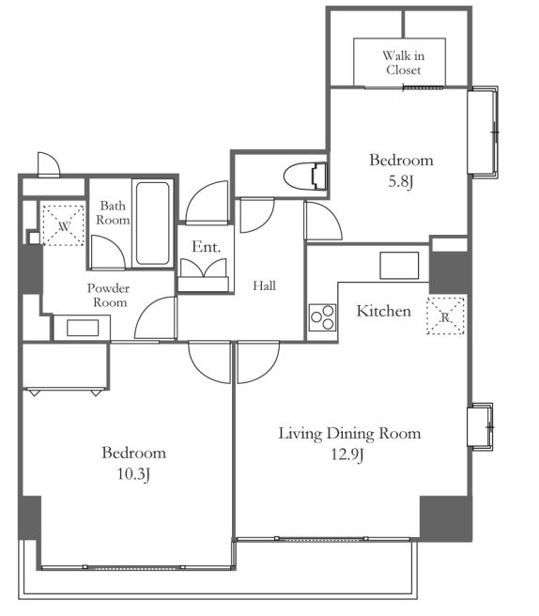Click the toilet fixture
[x=305, y=176]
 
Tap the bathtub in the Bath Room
[x=153, y=223]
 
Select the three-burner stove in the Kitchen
[x=322, y=317]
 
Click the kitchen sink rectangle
[x=399, y=266]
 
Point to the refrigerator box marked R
[x=445, y=316]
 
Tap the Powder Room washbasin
[x=83, y=328]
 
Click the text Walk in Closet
[x=404, y=63]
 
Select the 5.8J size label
[x=401, y=182]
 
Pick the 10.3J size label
[x=133, y=474]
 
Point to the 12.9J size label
[x=346, y=454]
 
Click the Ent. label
[x=206, y=247]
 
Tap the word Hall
[x=264, y=285]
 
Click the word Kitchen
[x=384, y=311]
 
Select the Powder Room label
[x=108, y=296]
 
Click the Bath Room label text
[x=113, y=212]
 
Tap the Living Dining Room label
[x=349, y=434]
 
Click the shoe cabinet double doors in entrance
[x=204, y=268]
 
